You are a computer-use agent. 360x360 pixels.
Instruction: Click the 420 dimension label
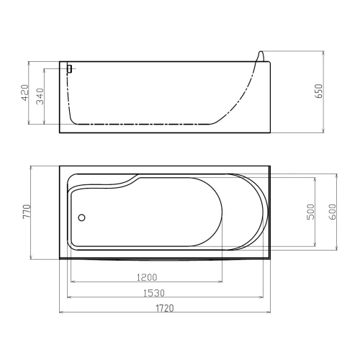coord(25,93)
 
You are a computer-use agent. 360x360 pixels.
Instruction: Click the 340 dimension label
coord(40,96)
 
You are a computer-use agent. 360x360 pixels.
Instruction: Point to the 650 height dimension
coord(320,91)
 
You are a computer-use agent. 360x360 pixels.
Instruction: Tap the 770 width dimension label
coord(27,212)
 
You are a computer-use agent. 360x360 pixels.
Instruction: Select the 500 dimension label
coord(311,212)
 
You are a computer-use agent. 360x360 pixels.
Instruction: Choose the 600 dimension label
coord(333,212)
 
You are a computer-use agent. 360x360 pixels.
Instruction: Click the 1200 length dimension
coord(147,277)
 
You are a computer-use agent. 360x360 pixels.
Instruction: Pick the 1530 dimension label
coord(154,293)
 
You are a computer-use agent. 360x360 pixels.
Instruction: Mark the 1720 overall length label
coord(165,308)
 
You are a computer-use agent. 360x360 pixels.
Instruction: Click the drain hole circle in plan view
coord(81,217)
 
